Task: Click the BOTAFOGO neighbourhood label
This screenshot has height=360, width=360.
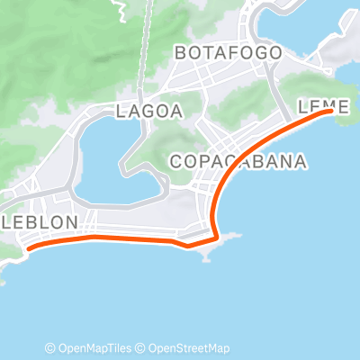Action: (228, 53)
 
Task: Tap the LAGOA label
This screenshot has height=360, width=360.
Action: (149, 112)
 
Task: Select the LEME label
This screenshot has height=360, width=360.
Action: (323, 106)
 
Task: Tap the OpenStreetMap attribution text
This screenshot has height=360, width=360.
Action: (189, 348)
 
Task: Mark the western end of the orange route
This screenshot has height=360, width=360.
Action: (29, 247)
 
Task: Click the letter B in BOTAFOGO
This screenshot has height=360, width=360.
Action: (181, 53)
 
